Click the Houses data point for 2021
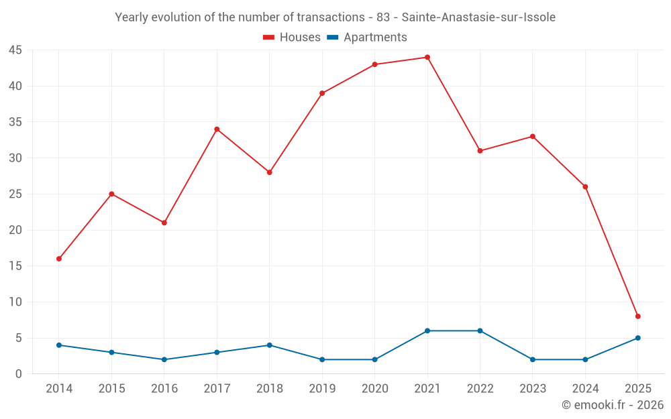[427, 58]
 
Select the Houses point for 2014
[59, 259]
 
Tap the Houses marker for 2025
[638, 316]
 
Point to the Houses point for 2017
[217, 129]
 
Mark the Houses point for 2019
[322, 93]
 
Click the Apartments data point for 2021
[427, 331]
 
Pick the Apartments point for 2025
[638, 338]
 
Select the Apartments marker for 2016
[164, 359]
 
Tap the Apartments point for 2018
[270, 345]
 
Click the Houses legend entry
[292, 38]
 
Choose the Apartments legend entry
[367, 38]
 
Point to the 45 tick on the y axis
[15, 50]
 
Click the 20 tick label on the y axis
[15, 230]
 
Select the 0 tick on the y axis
[19, 374]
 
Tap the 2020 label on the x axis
[374, 389]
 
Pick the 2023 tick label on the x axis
[533, 389]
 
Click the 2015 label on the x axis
[111, 389]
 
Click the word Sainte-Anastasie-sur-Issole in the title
[479, 17]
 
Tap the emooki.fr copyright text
[613, 405]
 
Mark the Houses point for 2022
[480, 151]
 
